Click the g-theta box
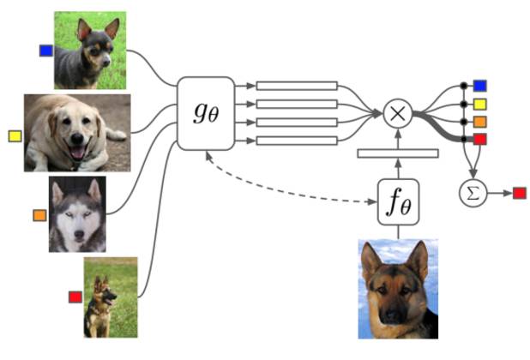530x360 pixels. [206, 113]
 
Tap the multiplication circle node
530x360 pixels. [397, 113]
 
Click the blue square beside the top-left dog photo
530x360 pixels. [45, 51]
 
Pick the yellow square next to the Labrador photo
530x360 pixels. [15, 135]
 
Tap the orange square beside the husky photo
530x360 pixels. [39, 215]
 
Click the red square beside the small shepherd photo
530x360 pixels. [75, 297]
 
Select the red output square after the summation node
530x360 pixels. [520, 193]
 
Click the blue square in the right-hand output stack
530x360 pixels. [479, 86]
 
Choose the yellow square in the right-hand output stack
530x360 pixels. [479, 104]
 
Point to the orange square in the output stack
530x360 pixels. [479, 121]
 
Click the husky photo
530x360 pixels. [77, 214]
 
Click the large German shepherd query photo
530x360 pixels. [398, 289]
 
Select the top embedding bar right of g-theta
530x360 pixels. [297, 86]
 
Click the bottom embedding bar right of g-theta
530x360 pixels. [297, 140]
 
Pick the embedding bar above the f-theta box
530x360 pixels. [397, 153]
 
